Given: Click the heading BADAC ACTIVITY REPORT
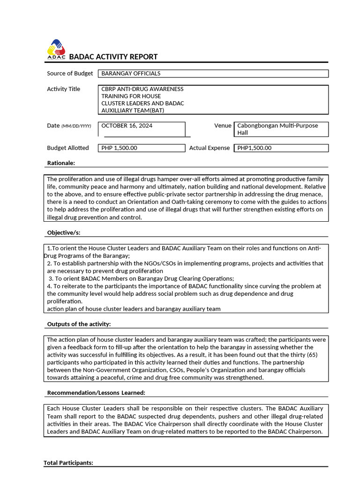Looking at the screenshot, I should tap(113, 57).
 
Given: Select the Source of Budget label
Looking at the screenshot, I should tap(70, 73).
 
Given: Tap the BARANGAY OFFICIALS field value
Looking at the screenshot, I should tap(131, 74).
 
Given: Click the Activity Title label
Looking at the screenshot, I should tap(63, 89).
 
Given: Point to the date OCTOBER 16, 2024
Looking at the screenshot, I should tap(127, 126).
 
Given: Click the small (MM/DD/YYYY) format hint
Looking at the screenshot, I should tap(76, 126).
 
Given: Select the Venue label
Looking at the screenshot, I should tap(223, 125).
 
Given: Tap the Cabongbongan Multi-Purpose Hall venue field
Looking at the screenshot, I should tap(277, 129).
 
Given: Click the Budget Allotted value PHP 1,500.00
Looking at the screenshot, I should tap(119, 148).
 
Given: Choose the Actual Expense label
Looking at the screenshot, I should tap(209, 148).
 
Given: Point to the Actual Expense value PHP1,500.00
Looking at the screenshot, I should tap(255, 148).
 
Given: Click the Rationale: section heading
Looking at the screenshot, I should tap(61, 163).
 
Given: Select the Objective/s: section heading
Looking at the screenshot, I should tap(67, 232).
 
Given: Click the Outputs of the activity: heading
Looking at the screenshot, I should tap(79, 324).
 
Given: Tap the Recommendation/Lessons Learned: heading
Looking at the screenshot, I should tap(96, 392).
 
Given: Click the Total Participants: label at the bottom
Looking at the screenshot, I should tap(68, 463).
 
